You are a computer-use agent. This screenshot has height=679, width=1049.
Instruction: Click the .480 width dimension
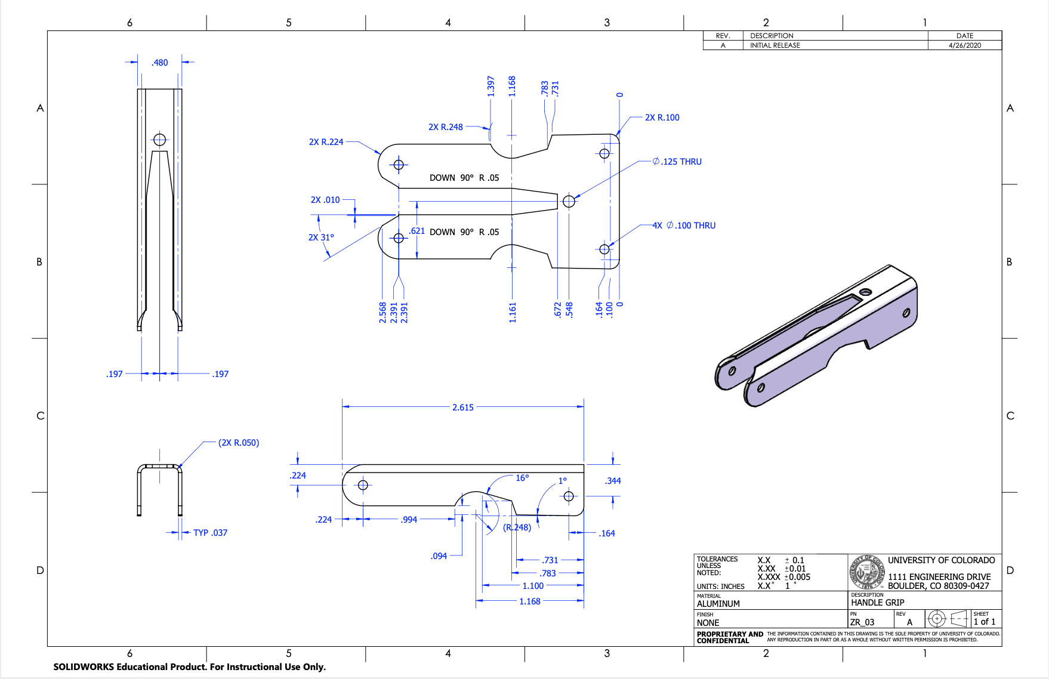(x=159, y=63)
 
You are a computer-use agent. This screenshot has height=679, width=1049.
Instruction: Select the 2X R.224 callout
(x=326, y=142)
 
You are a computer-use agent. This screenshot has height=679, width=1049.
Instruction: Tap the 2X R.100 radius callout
(x=662, y=118)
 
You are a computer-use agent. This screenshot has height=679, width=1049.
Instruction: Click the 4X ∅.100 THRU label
(x=684, y=226)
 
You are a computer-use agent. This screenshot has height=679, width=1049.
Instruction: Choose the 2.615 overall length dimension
(x=462, y=408)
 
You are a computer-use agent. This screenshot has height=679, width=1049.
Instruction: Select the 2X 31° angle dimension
(x=321, y=237)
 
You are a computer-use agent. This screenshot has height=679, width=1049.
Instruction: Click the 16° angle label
(x=522, y=478)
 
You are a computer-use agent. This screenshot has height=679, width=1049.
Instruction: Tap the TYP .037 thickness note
(x=210, y=533)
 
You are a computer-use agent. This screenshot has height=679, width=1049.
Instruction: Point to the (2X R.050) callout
(x=239, y=443)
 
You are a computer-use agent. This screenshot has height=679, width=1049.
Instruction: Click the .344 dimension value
(x=613, y=481)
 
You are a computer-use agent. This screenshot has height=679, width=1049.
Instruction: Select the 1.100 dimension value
(x=533, y=586)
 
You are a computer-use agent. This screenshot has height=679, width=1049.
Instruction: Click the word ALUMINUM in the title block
(x=718, y=604)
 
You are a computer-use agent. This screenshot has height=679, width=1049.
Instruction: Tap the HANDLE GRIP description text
(x=877, y=603)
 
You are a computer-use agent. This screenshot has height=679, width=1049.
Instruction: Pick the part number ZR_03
(x=862, y=622)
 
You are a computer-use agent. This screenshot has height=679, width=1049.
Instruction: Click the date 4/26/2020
(x=965, y=45)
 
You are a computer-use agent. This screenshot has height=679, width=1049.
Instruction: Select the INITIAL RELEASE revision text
(x=775, y=45)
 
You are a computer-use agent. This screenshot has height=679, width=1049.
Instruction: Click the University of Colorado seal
(x=868, y=572)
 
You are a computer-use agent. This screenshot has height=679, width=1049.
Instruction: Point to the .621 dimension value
(x=416, y=231)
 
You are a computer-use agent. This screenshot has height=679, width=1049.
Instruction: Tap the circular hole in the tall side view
(x=159, y=140)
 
